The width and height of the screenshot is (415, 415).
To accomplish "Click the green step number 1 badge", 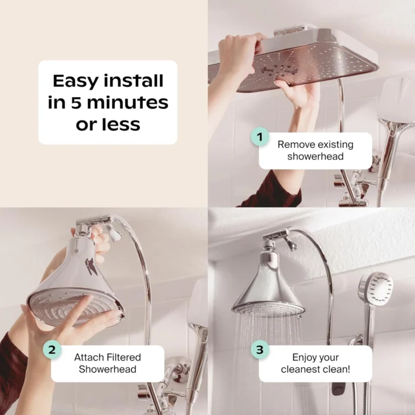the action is (x=260, y=137).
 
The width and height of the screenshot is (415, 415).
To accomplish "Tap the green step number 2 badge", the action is (x=52, y=350).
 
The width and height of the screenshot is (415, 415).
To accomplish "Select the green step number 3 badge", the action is (x=260, y=350).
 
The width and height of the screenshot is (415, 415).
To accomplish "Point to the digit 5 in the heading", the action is (x=76, y=103).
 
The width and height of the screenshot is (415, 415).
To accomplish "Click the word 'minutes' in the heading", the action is (x=127, y=103).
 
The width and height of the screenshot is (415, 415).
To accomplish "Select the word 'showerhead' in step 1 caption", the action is (x=315, y=156).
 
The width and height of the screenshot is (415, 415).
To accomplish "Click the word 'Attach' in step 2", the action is (x=89, y=357).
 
